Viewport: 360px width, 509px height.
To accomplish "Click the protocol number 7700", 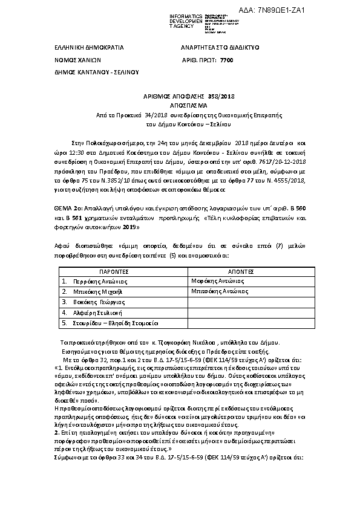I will (x=226, y=60).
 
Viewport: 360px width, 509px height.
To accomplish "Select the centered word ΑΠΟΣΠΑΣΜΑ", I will (x=180, y=105).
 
